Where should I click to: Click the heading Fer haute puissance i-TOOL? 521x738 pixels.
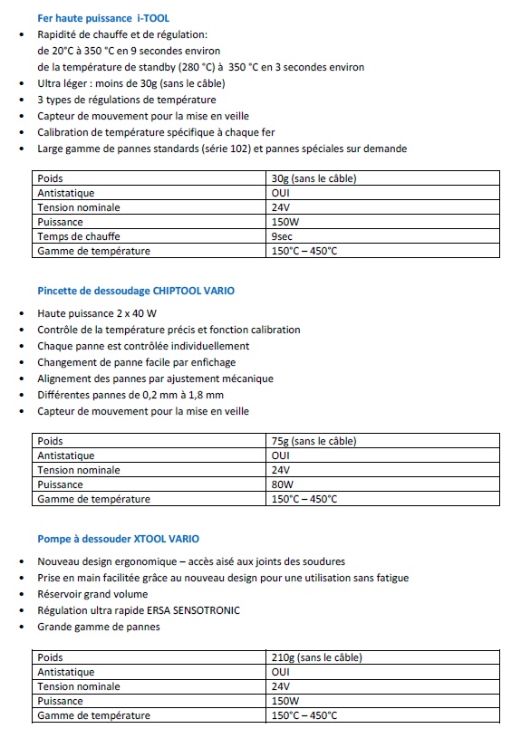(x=102, y=18)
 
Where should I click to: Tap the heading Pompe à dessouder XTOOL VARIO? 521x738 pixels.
(x=118, y=539)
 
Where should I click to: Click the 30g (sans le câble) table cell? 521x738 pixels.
(x=314, y=178)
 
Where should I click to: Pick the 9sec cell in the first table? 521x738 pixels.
(x=283, y=236)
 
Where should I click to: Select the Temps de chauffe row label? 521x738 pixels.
(x=79, y=236)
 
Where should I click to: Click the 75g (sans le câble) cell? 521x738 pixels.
(x=314, y=441)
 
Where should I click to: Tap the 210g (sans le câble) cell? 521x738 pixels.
(x=316, y=657)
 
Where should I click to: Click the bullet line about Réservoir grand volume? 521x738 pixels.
(x=93, y=594)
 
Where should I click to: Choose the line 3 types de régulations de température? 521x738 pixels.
(x=126, y=100)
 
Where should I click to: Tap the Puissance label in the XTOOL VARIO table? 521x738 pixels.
(x=60, y=701)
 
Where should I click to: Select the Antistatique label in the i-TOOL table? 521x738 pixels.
(x=65, y=193)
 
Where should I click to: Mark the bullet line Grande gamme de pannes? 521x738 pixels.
(x=98, y=627)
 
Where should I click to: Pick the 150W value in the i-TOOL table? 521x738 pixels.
(x=285, y=222)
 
